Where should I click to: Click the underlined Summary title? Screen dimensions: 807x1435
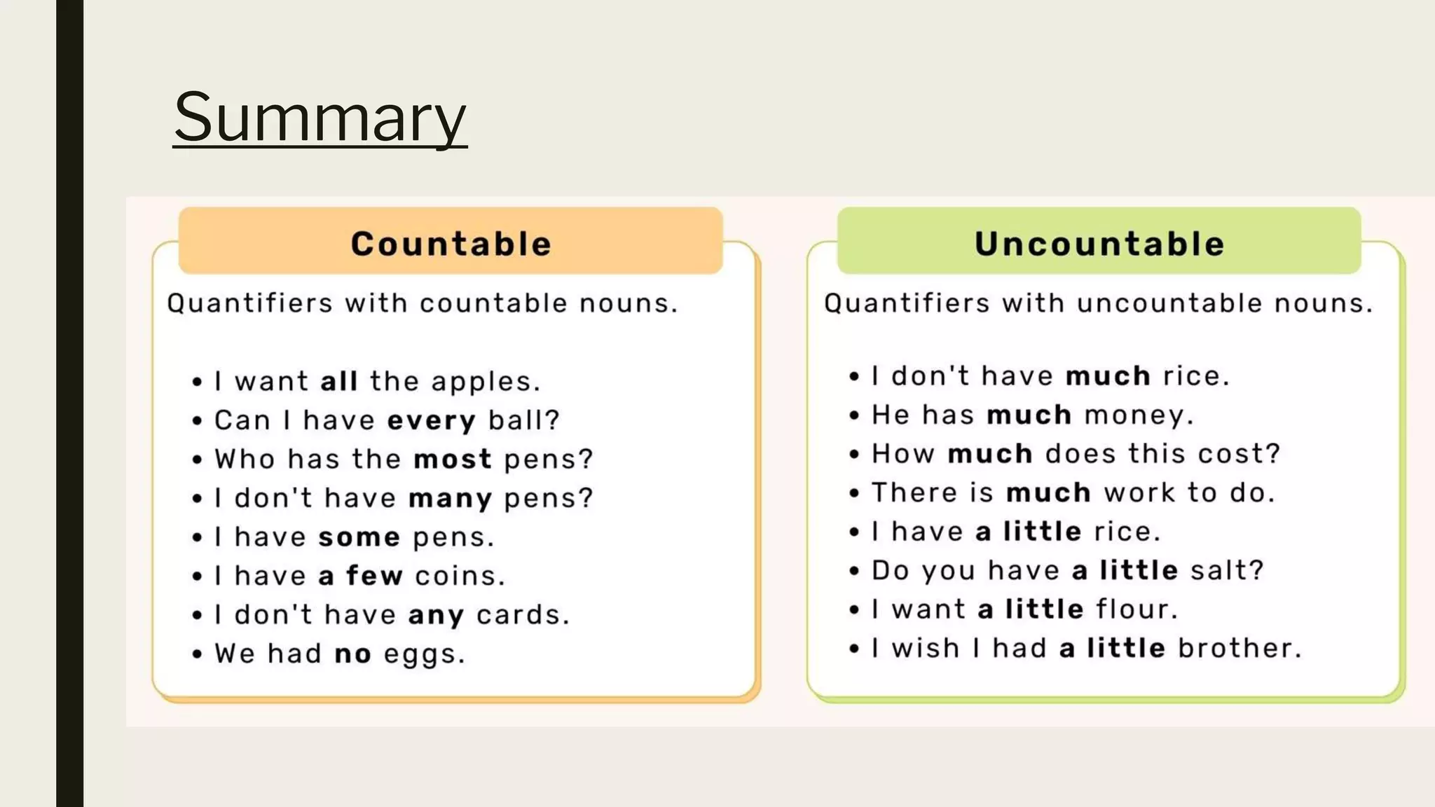(x=320, y=117)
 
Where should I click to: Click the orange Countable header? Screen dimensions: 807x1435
(x=451, y=244)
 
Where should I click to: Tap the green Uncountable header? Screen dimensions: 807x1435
(x=1099, y=244)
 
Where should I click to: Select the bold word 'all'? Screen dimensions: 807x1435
(x=339, y=382)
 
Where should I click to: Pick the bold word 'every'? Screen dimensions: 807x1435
(x=431, y=421)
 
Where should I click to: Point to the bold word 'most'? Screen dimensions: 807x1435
(x=453, y=460)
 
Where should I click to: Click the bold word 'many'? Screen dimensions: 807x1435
(x=450, y=499)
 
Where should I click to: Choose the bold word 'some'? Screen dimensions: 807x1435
(x=359, y=537)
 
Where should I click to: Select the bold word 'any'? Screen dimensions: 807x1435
(x=436, y=616)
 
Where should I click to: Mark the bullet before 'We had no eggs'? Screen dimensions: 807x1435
(x=198, y=654)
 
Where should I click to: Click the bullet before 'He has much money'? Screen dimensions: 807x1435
(x=854, y=415)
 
